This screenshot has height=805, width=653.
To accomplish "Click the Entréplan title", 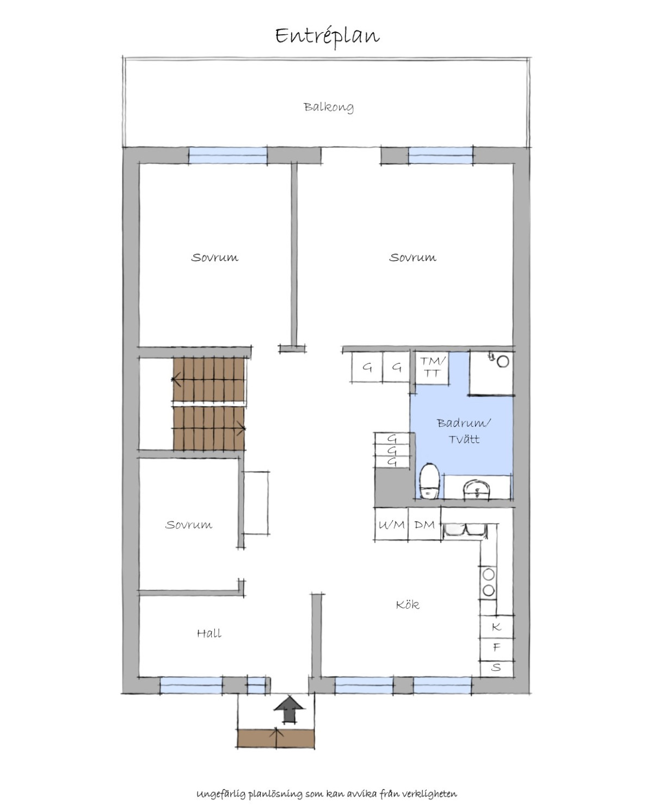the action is coord(327,36).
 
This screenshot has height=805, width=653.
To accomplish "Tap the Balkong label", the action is coord(328,107).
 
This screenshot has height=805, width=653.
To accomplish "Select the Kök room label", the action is coord(408,604).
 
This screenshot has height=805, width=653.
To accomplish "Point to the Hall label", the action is coord(209,633).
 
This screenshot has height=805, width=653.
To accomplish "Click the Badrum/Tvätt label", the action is coord(464,431).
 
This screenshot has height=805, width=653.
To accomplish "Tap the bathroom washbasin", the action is coord(477,490).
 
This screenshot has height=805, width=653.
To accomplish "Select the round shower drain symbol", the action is coord(502,361).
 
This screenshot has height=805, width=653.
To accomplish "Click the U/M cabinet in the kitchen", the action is coord(391,524).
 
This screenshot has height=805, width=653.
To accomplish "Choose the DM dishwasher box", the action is coord(424,524).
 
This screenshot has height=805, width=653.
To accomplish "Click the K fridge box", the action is coord(496,627).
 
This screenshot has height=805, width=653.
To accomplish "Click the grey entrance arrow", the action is coord(288,709).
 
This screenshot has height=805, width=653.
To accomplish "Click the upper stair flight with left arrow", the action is coord(209,379).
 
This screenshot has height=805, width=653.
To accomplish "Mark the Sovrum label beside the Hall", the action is coord(188,525).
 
